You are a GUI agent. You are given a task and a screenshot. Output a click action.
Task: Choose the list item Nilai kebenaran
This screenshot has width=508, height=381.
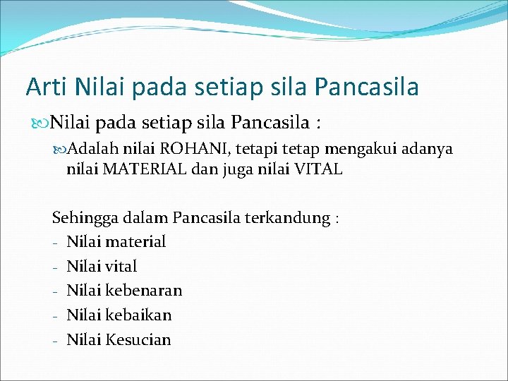(124, 291)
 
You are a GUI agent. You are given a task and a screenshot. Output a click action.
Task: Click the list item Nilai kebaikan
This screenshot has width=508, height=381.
(119, 315)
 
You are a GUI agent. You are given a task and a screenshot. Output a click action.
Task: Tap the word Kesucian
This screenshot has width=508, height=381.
(138, 339)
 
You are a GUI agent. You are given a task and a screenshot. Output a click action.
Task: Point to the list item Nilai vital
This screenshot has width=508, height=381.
(102, 267)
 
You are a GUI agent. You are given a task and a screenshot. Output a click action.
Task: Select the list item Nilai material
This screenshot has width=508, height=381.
(116, 242)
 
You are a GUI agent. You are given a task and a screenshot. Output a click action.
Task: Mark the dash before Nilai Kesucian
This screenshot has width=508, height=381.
(54, 340)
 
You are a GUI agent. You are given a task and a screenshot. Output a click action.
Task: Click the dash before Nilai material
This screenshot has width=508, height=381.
(54, 243)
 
